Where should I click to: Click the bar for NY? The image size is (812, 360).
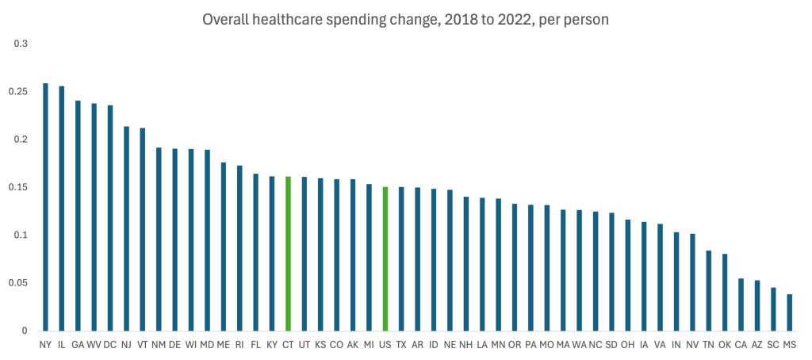[x=45, y=207]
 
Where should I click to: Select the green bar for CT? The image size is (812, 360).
[x=288, y=254]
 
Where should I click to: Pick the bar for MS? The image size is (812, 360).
[x=789, y=312]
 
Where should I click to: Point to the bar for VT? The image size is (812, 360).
[x=142, y=229]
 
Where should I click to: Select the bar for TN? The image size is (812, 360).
[x=708, y=290]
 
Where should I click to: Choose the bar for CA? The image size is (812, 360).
[x=741, y=304]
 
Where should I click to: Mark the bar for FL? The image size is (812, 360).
[x=255, y=252]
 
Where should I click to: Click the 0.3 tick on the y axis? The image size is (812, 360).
[x=21, y=44]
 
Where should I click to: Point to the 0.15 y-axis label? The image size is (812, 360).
[x=18, y=187]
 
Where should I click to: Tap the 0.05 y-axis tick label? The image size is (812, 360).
[x=18, y=283]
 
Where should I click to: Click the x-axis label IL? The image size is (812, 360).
[x=61, y=345]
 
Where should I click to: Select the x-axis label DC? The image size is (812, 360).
[x=109, y=345]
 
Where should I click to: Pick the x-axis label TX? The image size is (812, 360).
[x=400, y=345]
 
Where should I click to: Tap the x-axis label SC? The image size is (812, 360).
[x=772, y=345]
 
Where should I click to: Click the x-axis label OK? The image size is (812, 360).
[x=724, y=345]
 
